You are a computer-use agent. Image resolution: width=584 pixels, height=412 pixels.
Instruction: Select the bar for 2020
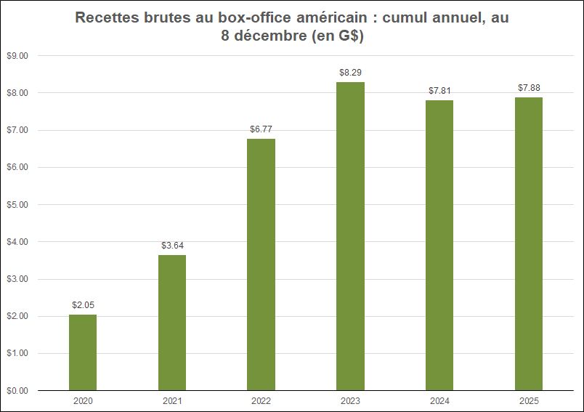pos(83,352)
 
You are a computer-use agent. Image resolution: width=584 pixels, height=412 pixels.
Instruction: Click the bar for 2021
pos(172,323)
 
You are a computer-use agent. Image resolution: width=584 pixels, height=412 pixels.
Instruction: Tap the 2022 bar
pos(261,264)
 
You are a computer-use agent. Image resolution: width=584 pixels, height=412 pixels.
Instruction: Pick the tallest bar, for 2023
pos(350,236)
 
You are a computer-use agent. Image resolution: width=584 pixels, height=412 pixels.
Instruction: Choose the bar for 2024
pos(439,245)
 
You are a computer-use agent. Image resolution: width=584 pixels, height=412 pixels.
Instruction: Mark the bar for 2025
pos(529,243)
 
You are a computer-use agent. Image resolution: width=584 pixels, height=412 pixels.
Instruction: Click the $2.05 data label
pos(83,305)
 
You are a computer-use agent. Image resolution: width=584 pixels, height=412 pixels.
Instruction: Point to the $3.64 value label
pos(172,246)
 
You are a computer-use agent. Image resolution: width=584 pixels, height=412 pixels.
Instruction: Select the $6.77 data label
pos(261,129)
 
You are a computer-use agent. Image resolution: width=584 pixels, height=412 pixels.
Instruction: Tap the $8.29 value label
pos(350,73)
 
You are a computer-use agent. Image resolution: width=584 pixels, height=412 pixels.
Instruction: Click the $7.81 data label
pos(439,91)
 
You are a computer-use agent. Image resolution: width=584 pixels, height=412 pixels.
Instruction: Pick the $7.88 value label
pos(529,88)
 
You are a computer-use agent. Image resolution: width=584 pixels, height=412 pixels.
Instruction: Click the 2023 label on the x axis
pos(350,401)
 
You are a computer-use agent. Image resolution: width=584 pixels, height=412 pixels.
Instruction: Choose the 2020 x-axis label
pos(83,401)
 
